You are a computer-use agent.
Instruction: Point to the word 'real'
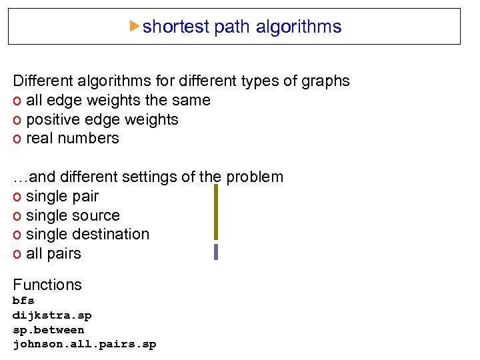(x=38, y=139)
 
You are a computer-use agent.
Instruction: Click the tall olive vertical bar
(x=216, y=212)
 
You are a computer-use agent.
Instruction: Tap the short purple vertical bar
(x=216, y=252)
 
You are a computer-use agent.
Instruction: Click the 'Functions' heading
(x=47, y=285)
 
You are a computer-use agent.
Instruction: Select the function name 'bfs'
(x=23, y=301)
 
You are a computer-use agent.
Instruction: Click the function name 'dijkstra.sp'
(x=52, y=315)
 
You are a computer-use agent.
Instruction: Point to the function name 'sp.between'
(x=49, y=330)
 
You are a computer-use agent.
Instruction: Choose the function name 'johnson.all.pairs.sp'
(x=85, y=345)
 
